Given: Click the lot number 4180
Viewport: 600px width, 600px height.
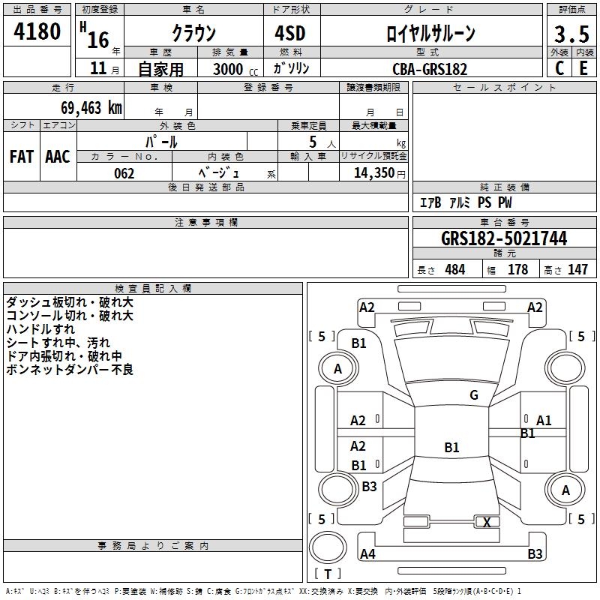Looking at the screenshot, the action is [37, 33].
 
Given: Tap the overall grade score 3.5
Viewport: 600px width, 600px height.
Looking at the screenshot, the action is [570, 34].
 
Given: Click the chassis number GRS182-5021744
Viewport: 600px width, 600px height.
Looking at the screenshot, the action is [504, 238].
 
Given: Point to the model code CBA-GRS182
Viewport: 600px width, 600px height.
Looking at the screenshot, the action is [430, 69].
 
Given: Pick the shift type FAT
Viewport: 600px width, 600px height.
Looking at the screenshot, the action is [21, 157].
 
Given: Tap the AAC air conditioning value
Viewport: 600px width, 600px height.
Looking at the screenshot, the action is [57, 157].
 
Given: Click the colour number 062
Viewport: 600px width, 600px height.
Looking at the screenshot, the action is [124, 173].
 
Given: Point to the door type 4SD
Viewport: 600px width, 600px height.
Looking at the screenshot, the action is [289, 34].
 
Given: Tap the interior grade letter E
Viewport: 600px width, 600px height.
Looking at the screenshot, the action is [583, 68].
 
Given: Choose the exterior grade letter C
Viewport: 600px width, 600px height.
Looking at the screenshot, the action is [559, 68].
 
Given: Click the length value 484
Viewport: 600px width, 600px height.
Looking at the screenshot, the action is [454, 270].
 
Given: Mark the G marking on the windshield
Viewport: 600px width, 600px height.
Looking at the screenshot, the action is [474, 395].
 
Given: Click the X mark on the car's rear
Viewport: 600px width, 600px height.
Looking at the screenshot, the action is [487, 522].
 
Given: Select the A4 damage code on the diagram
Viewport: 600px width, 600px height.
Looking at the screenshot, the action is [367, 554].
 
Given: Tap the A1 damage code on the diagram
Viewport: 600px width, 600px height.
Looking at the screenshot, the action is [544, 420].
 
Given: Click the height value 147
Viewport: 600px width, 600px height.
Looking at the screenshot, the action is [577, 270].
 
